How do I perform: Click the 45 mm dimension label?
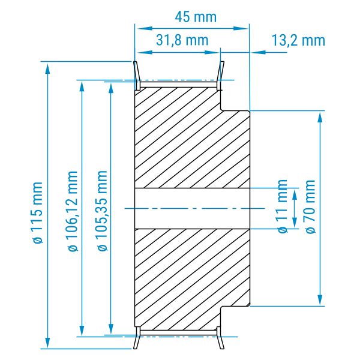(x=196, y=17)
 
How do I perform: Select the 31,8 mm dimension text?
(x=182, y=40)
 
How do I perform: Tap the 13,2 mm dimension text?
(x=298, y=40)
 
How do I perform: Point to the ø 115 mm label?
(x=37, y=212)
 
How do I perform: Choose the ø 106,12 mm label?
(x=73, y=211)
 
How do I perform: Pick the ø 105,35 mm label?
(x=103, y=211)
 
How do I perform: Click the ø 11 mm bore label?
(x=283, y=206)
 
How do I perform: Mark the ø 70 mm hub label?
(x=310, y=206)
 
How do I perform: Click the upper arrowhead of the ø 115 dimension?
(x=47, y=68)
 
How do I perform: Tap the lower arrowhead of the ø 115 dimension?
(x=47, y=343)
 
